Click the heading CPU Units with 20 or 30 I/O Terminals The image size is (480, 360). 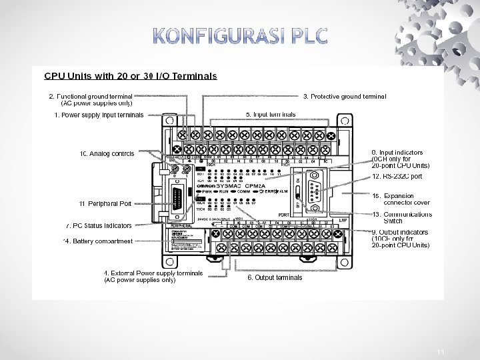[131, 76]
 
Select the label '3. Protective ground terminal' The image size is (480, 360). [345, 96]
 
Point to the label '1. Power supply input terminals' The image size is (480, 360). [99, 115]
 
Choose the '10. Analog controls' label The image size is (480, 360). [107, 154]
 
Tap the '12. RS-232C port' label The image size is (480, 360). [397, 177]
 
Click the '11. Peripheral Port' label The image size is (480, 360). [105, 203]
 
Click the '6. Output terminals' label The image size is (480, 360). [275, 277]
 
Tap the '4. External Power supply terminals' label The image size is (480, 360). [153, 273]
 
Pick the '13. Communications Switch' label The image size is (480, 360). [402, 217]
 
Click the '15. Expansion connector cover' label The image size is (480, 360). [402, 199]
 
